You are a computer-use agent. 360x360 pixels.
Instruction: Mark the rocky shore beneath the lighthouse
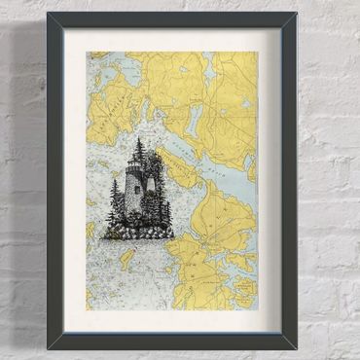pyautogui.click(x=139, y=234)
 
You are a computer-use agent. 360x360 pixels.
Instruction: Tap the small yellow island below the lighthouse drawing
pyautogui.click(x=126, y=259)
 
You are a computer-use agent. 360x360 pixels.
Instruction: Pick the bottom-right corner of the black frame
pyautogui.click(x=294, y=345)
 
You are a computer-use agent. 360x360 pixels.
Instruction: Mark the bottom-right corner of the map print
pyautogui.click(x=257, y=308)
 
